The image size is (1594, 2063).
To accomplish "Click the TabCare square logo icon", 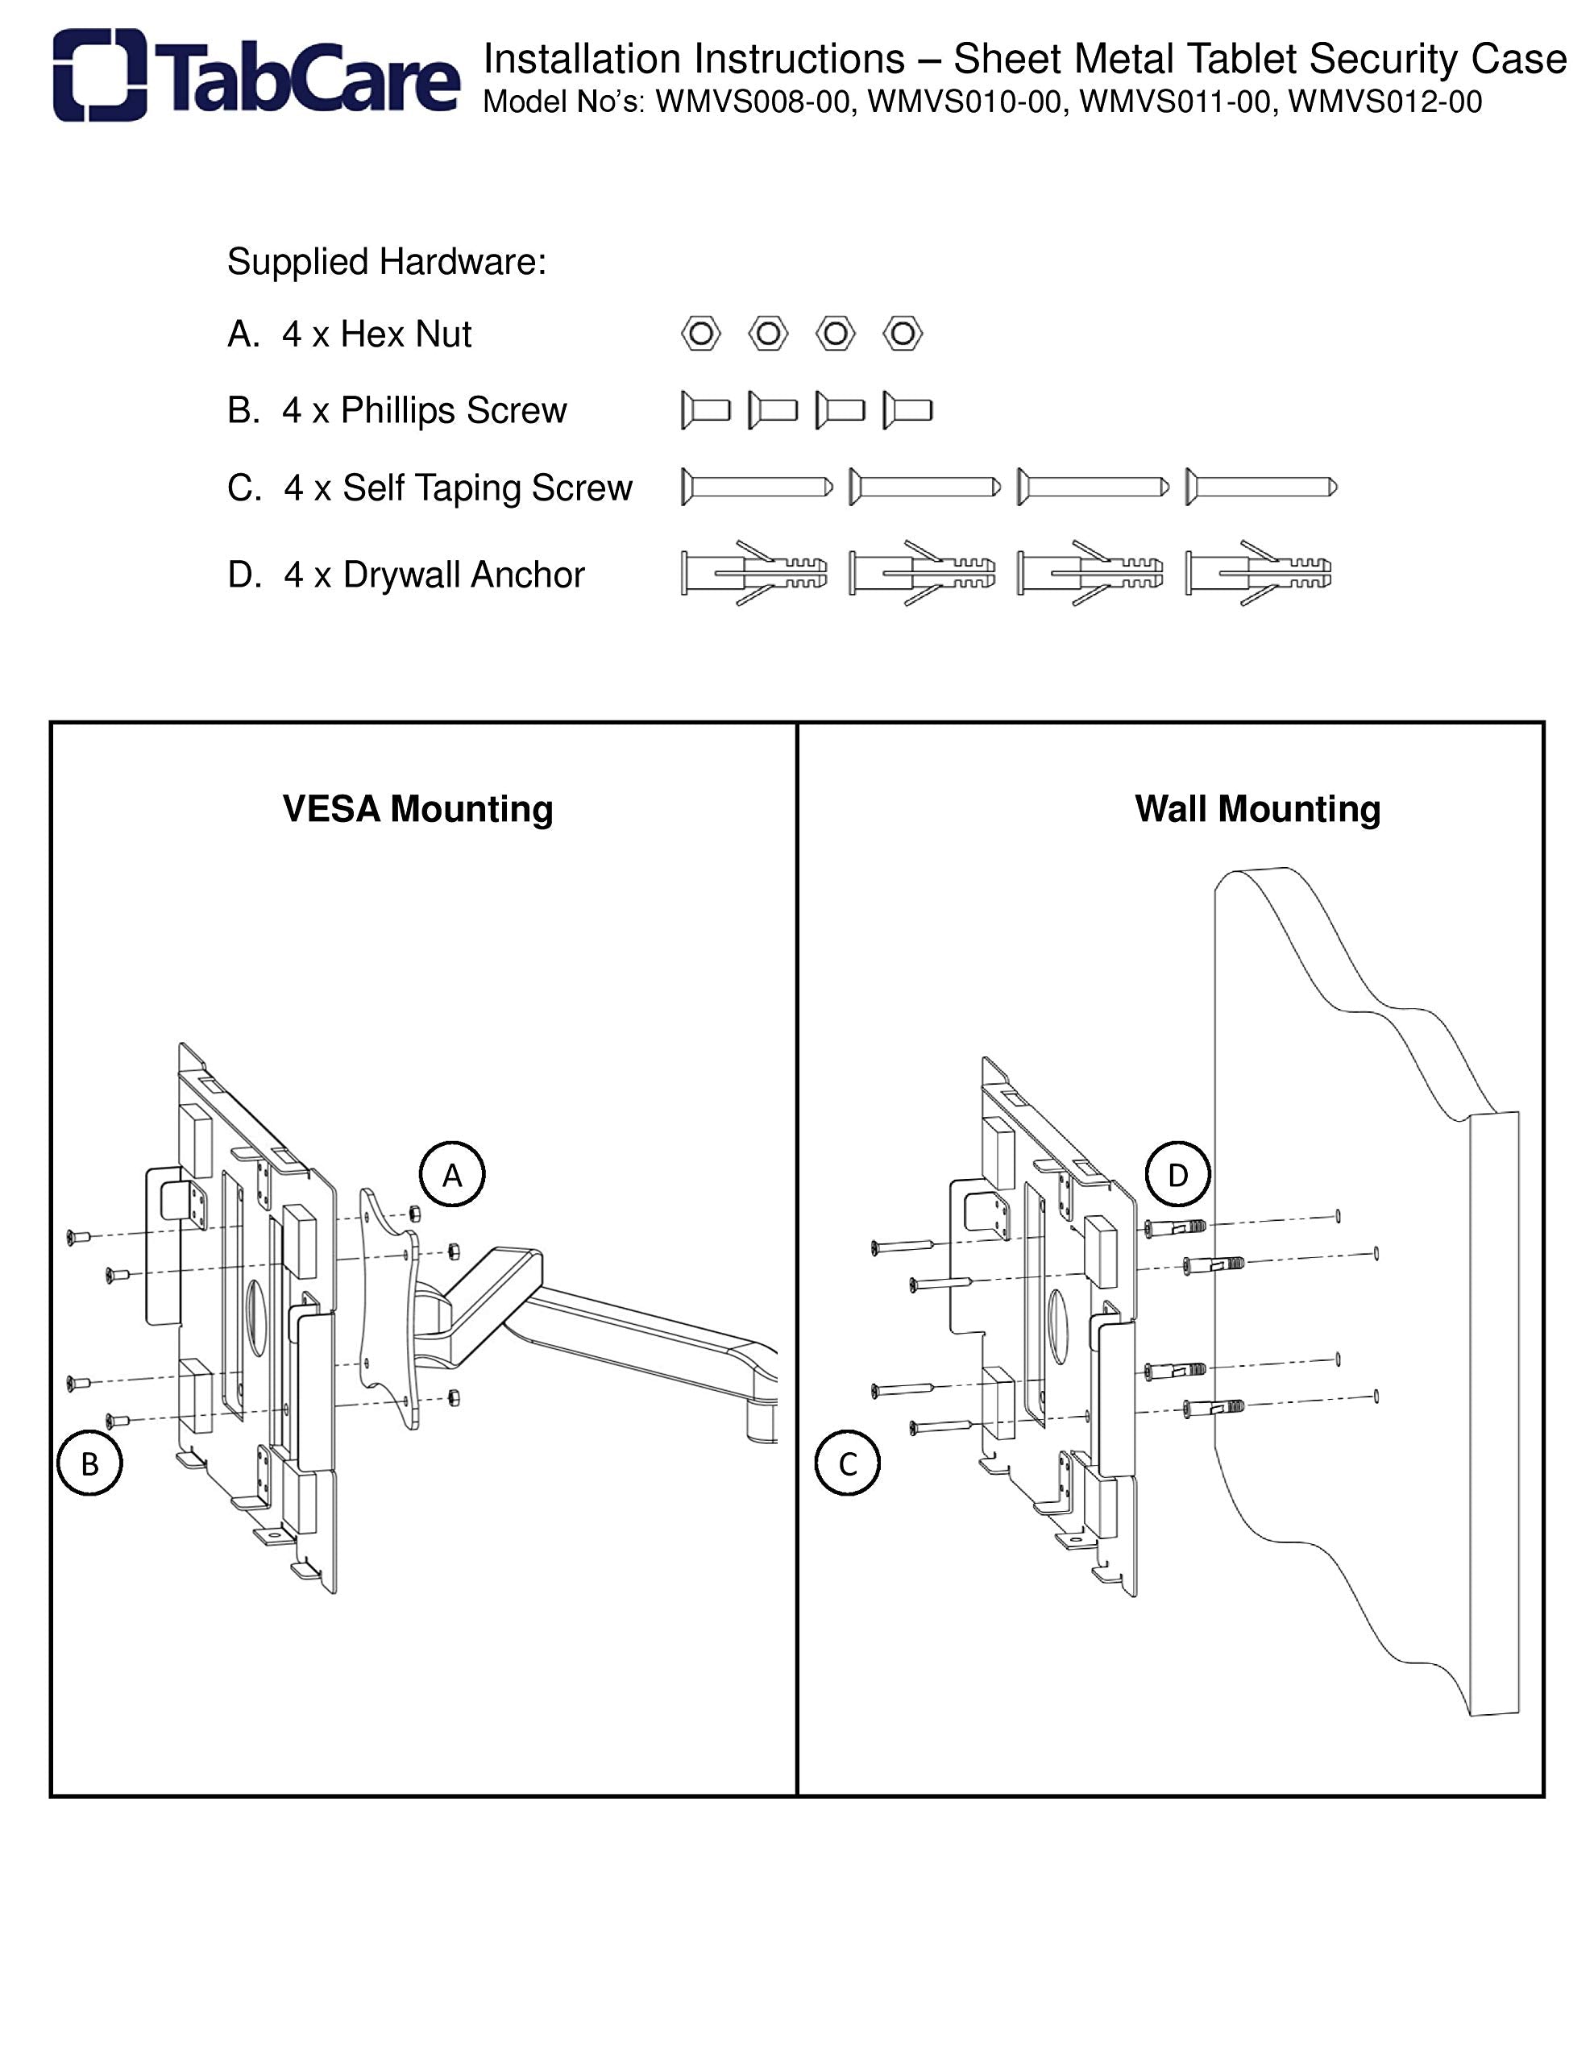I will tap(99, 75).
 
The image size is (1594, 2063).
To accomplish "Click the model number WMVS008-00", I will tap(752, 102).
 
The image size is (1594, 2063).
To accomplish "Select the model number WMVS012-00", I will tap(1384, 102).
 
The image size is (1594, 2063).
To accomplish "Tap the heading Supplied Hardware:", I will tap(387, 262).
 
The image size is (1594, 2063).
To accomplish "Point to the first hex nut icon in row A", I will tap(700, 334).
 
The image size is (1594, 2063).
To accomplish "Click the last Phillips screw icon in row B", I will tap(908, 410).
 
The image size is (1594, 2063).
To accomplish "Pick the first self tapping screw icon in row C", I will tap(756, 488).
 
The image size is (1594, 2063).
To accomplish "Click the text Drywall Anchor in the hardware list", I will tap(463, 575).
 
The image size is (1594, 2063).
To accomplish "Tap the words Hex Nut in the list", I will tap(405, 334).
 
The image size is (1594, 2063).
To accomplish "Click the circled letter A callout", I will tap(451, 1175).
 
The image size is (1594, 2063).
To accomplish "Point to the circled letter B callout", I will tap(89, 1463).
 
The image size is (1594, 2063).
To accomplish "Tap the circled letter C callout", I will tap(847, 1463).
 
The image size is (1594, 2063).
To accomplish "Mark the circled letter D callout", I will tap(1177, 1175).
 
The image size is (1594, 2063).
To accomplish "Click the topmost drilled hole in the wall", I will tap(1339, 1216).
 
